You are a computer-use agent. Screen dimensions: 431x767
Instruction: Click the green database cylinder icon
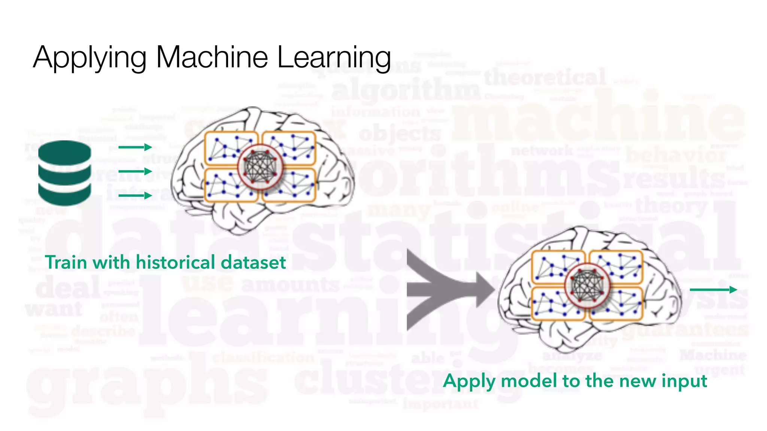(65, 173)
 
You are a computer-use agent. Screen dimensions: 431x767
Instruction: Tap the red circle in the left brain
(260, 167)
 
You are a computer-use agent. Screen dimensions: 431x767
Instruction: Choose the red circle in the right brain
(587, 286)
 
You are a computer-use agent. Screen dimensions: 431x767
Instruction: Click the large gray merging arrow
(446, 290)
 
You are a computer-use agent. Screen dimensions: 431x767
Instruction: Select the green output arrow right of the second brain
(713, 290)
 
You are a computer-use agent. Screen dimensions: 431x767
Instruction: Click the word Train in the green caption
(66, 262)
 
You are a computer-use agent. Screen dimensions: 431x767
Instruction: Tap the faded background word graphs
(146, 385)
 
